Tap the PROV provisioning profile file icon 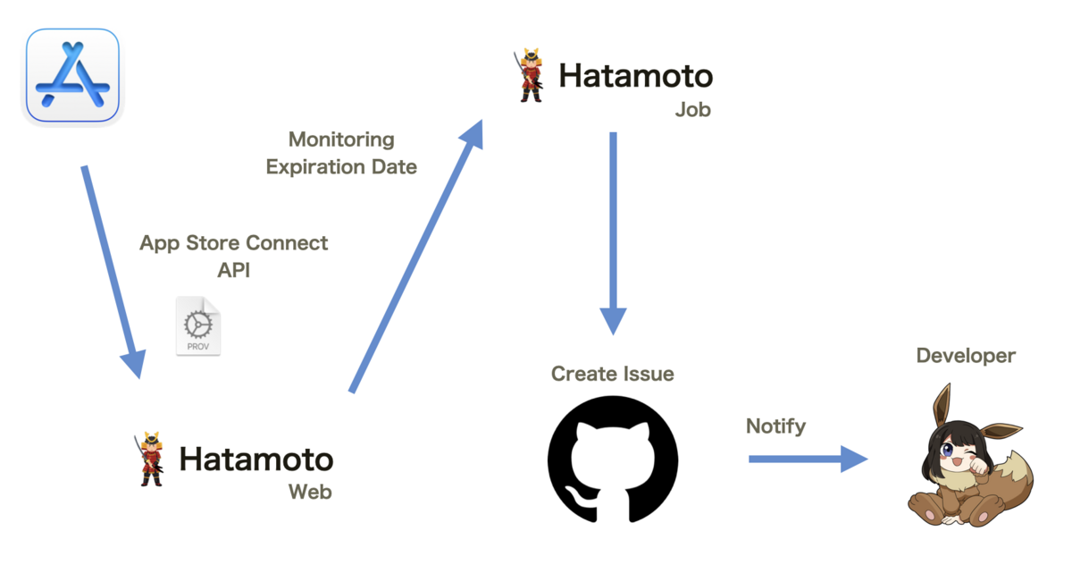tap(197, 326)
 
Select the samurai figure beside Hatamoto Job tap(531, 76)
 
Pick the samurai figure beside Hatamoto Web tap(151, 459)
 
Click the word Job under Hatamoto tap(693, 110)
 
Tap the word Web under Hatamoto tap(310, 492)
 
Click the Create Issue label tap(613, 373)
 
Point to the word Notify tap(775, 426)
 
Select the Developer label tap(966, 356)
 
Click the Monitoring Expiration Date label tap(341, 153)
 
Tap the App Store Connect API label tap(234, 257)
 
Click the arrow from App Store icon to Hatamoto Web tap(111, 268)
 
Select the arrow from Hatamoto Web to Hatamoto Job tap(415, 259)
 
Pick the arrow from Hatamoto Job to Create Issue tap(613, 232)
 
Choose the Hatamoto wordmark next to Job tap(635, 76)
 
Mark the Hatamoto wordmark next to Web tap(256, 460)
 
